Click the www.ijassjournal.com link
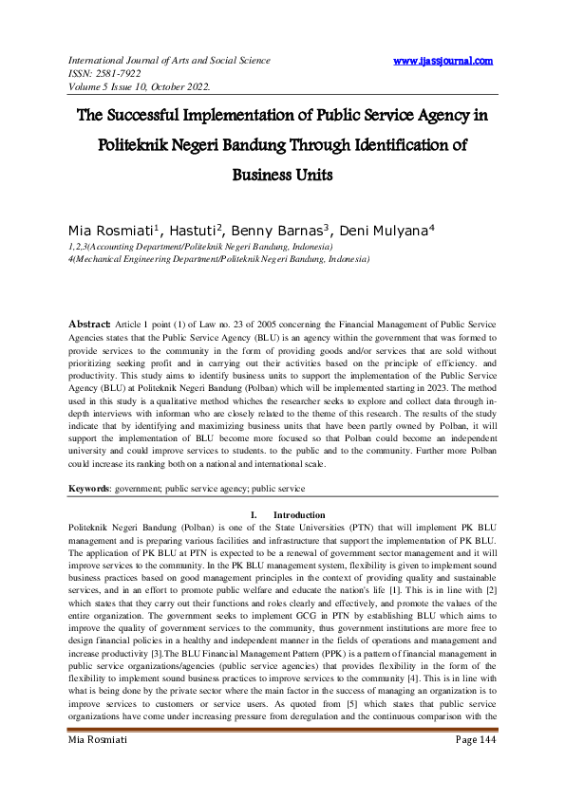[x=443, y=61]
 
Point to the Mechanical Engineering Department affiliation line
[x=219, y=258]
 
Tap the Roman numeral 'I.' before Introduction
[x=254, y=514]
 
